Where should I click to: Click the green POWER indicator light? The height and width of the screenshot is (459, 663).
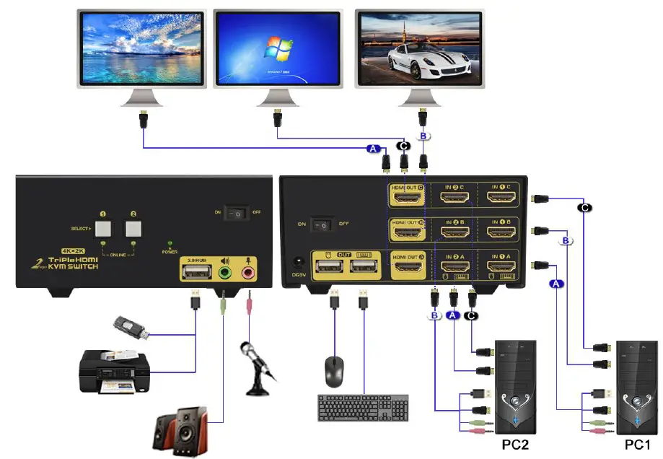coord(170,244)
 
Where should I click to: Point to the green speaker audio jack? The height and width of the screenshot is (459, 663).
coord(224,273)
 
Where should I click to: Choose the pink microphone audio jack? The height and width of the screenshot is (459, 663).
coord(249,273)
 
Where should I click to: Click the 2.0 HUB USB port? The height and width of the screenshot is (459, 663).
coord(196,272)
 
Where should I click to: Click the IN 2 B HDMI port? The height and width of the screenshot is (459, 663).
coord(455,232)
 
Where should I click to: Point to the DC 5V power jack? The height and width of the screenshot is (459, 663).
coord(294,264)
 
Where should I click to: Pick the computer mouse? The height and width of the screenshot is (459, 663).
coord(334,371)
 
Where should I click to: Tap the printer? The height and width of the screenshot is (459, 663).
coord(116,370)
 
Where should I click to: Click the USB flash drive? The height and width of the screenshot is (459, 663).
coord(133,328)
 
